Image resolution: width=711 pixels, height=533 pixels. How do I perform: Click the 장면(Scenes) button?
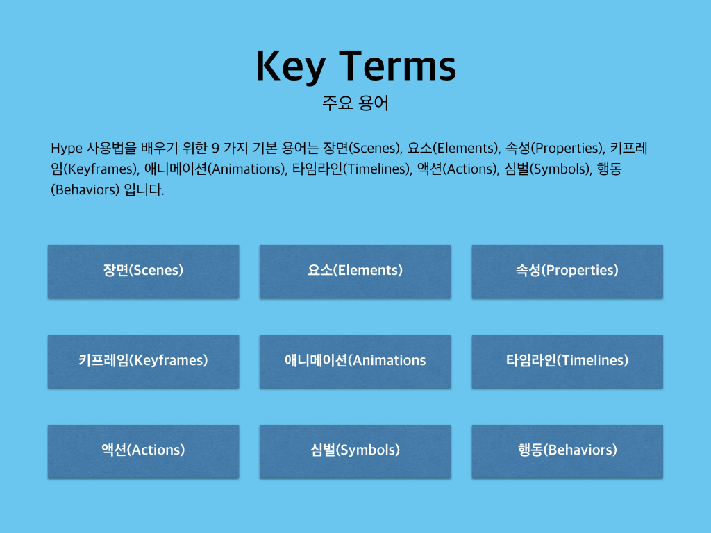[x=143, y=271]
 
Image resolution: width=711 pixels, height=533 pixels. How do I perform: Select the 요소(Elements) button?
[x=355, y=271]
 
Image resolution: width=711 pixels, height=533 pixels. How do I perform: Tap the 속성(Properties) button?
[x=567, y=271]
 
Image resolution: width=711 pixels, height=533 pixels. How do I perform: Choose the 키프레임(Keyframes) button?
[x=143, y=362]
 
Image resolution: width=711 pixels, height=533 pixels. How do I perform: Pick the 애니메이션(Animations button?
[x=355, y=362]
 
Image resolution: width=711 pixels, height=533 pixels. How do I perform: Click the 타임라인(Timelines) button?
[x=567, y=362]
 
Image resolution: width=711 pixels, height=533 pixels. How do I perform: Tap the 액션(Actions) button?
[x=143, y=451]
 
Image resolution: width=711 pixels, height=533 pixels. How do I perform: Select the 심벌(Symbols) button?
[x=355, y=451]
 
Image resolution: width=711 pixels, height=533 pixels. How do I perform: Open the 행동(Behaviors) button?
[x=567, y=451]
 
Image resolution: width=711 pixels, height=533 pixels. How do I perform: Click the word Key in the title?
[x=291, y=67]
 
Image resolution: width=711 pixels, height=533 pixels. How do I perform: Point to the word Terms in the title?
[x=398, y=66]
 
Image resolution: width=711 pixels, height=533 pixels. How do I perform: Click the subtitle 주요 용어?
[x=355, y=103]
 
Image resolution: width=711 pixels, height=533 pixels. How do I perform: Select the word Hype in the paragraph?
[x=67, y=149]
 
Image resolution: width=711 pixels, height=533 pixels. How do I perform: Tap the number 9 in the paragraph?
[x=216, y=149]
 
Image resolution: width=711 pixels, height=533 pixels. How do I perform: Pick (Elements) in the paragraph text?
[x=466, y=149]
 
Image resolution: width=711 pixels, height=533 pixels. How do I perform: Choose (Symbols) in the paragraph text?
[x=560, y=169]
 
